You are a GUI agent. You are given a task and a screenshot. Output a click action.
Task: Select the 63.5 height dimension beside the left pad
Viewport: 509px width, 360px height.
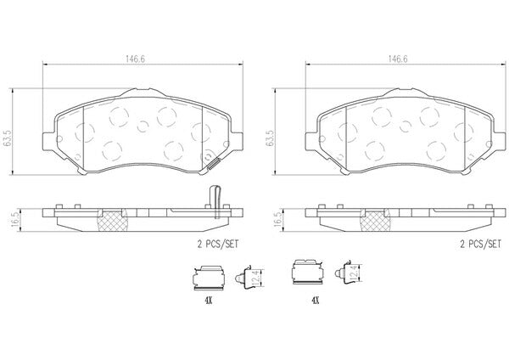coord(8,138)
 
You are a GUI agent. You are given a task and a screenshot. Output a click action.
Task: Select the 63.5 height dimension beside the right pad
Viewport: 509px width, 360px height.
coord(270,138)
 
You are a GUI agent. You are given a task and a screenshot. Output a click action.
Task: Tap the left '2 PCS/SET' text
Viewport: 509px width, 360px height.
coord(218,245)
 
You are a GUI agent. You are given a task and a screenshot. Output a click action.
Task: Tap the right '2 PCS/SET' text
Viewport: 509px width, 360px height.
coord(480,245)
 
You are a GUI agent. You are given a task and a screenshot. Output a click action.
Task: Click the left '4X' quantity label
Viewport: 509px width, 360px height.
coord(208,301)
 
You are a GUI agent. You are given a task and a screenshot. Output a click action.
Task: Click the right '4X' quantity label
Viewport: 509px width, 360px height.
coord(316,301)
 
